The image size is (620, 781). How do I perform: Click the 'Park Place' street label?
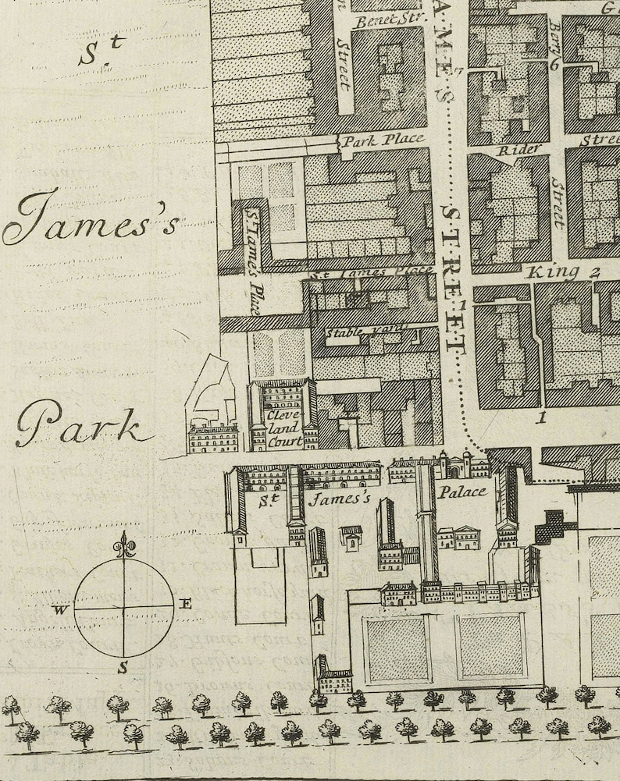click(383, 140)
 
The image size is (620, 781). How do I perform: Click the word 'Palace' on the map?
click(461, 492)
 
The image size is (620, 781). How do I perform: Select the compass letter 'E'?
click(186, 603)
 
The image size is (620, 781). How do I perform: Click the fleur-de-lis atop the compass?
click(124, 544)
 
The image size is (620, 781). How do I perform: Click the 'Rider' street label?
click(515, 148)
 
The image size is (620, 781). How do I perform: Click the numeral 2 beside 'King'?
click(594, 272)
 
